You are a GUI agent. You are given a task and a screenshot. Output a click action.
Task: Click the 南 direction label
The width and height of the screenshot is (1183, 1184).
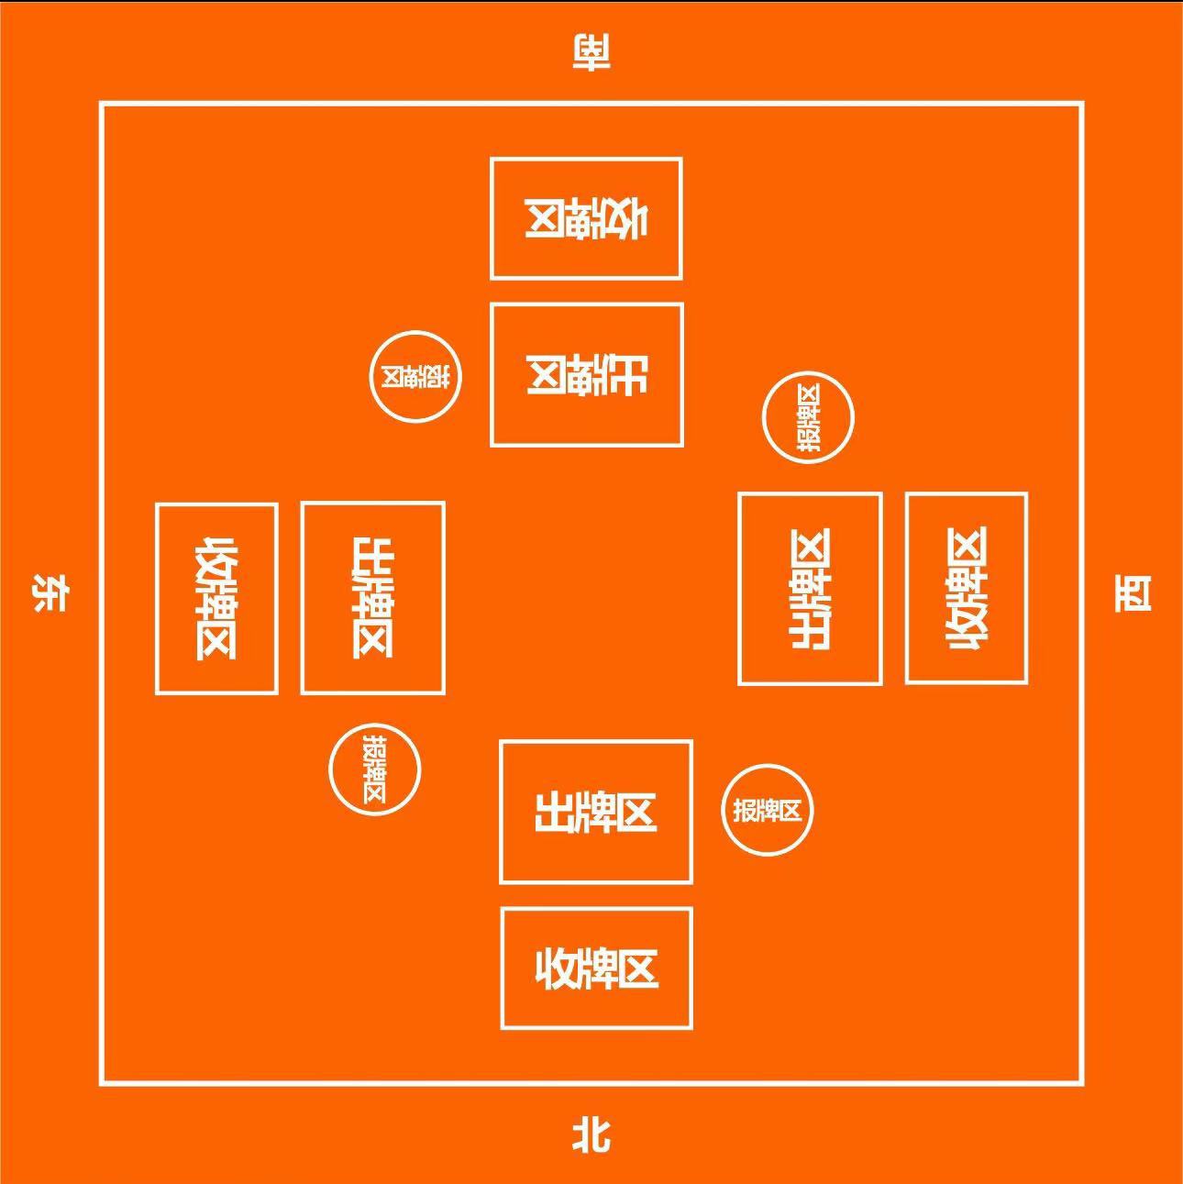pyautogui.click(x=591, y=52)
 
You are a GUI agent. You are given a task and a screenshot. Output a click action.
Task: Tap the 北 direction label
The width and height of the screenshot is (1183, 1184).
pyautogui.click(x=591, y=1135)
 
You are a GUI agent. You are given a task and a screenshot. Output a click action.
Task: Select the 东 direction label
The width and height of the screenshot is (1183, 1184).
pyautogui.click(x=50, y=592)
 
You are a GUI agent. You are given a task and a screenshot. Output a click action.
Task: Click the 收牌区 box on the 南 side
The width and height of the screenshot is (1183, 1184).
pyautogui.click(x=586, y=218)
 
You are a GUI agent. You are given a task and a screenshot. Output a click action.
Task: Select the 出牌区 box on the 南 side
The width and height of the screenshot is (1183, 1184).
pyautogui.click(x=587, y=375)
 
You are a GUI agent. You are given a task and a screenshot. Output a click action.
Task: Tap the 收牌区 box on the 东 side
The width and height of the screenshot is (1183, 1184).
pyautogui.click(x=216, y=598)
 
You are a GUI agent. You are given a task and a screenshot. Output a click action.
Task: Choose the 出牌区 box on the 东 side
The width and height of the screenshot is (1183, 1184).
pyautogui.click(x=373, y=598)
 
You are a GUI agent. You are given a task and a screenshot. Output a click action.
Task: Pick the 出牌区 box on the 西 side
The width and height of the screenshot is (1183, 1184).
pyautogui.click(x=811, y=589)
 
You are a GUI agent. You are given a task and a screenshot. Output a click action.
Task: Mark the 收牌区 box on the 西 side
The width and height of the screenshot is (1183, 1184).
pyautogui.click(x=967, y=589)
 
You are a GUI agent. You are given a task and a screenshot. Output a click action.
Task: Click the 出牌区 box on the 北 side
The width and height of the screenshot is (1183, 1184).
pyautogui.click(x=596, y=813)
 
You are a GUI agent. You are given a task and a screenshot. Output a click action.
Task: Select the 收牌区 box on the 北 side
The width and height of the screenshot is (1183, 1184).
pyautogui.click(x=597, y=968)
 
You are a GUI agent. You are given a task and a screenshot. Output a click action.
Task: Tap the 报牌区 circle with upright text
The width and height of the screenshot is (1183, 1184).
pyautogui.click(x=768, y=810)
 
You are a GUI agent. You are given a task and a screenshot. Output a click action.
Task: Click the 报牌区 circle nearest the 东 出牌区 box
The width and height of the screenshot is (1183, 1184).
pyautogui.click(x=375, y=769)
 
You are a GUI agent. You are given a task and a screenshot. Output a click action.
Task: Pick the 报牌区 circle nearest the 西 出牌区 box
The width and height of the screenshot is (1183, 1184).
pyautogui.click(x=808, y=417)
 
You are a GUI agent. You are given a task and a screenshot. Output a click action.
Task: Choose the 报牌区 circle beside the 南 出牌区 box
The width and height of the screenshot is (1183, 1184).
pyautogui.click(x=415, y=377)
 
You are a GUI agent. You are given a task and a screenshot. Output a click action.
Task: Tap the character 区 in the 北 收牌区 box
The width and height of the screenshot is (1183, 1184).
pyautogui.click(x=638, y=969)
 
